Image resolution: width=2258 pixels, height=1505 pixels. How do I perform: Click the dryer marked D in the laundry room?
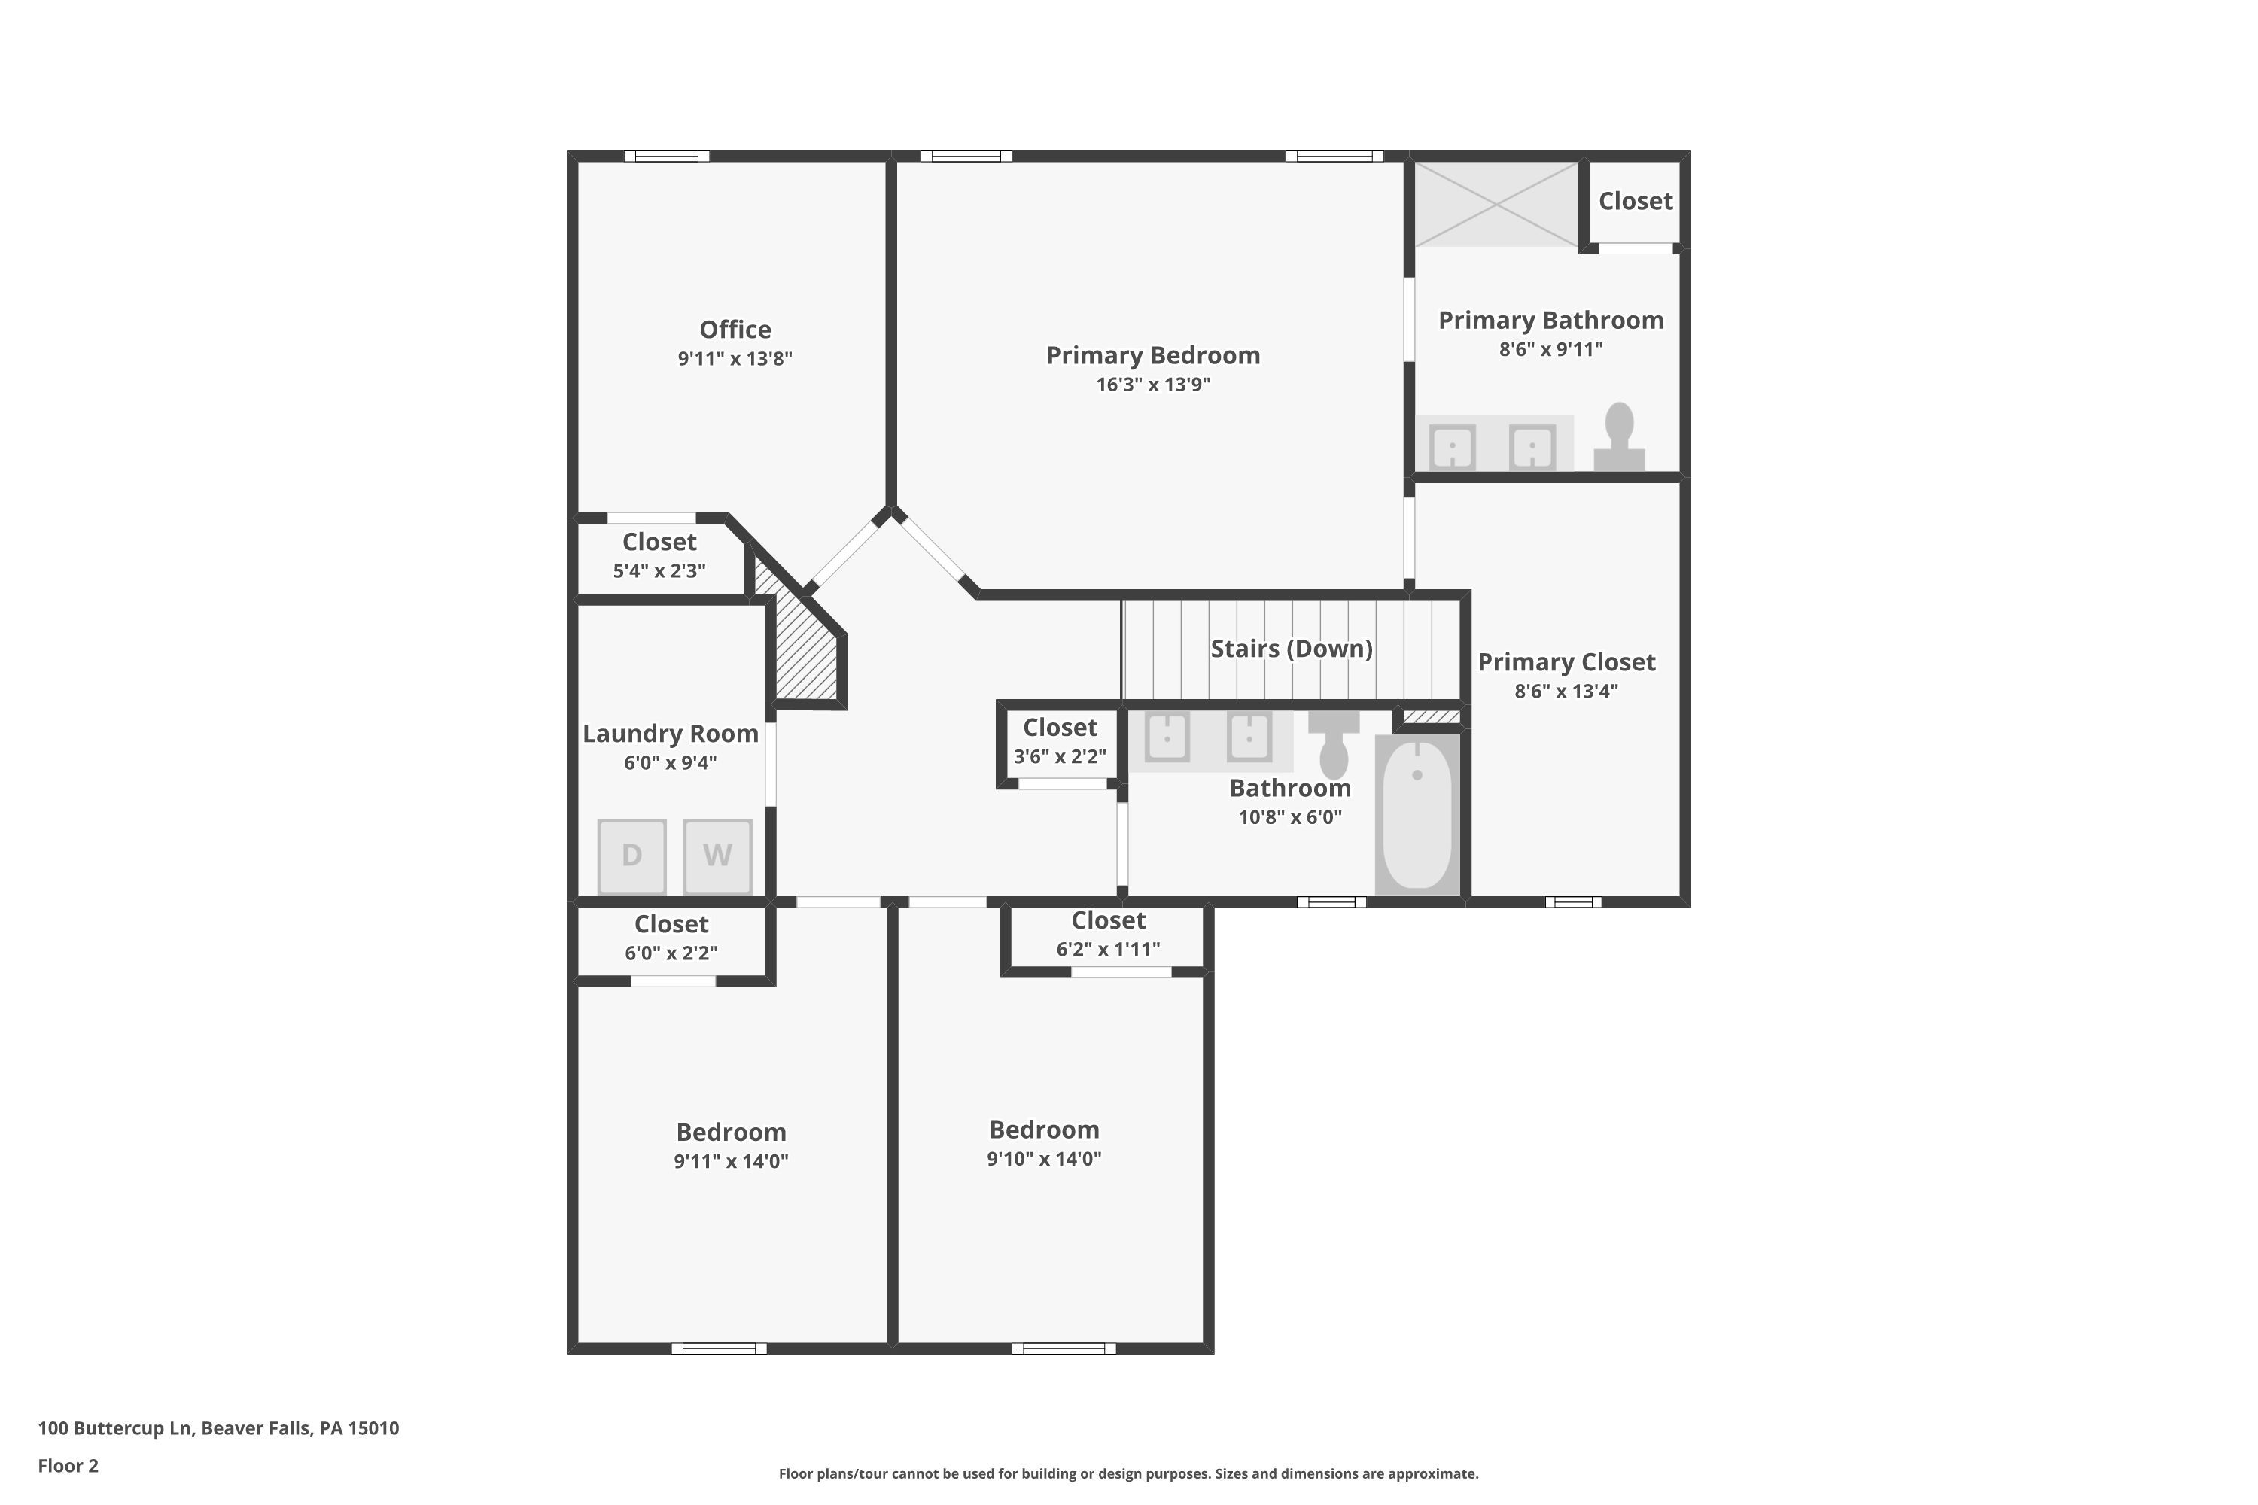point(631,855)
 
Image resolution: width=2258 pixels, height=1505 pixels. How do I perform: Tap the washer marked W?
point(717,855)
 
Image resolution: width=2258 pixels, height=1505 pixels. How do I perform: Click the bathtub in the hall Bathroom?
point(1417,814)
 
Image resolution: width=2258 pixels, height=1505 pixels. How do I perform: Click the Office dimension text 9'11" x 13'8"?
point(735,359)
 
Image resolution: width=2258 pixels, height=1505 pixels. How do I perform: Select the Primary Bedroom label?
point(1152,355)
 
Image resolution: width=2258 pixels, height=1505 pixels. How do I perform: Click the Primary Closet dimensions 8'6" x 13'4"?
point(1566,691)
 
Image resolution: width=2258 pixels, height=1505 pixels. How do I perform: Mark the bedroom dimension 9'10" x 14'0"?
point(1043,1159)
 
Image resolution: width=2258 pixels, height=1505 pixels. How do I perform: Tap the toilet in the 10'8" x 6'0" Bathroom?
point(1334,744)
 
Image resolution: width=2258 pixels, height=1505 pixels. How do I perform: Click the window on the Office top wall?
point(666,157)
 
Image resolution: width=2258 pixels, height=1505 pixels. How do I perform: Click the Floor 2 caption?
point(68,1466)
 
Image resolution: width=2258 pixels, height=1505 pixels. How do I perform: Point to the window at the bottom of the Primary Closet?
point(1572,901)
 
